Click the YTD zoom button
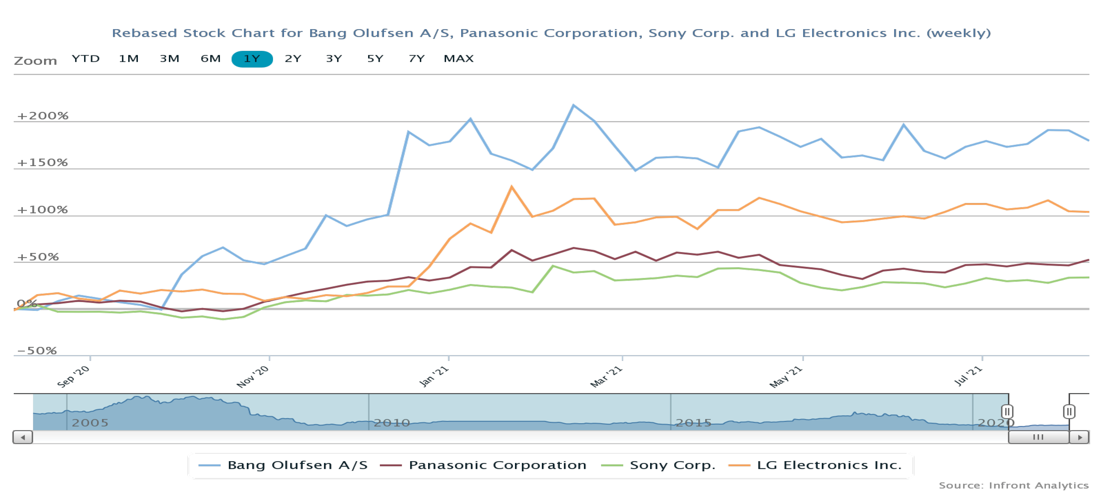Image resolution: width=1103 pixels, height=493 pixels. pos(86,59)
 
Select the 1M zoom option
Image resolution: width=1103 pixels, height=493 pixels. pos(129,59)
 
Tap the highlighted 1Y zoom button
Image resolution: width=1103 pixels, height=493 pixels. pos(252,59)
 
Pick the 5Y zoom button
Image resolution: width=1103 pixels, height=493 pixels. pos(375,59)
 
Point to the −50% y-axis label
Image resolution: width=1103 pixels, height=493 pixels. pos(37,351)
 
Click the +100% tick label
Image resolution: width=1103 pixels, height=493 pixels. pos(42,210)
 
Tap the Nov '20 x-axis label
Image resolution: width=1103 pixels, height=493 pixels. pos(253,377)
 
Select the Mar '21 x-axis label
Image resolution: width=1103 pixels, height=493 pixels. pos(606,377)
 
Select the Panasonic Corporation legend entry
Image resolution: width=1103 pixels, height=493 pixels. pos(497,465)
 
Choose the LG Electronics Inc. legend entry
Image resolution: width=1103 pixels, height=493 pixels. pos(829,465)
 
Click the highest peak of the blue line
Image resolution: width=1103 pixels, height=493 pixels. pos(573,105)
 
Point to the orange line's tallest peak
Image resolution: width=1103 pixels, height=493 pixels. pos(511,187)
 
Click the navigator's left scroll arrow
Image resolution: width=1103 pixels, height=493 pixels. pos(23,437)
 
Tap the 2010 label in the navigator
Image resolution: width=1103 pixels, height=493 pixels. pos(392,423)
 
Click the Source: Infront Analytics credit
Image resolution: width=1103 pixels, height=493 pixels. pos(1013,485)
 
